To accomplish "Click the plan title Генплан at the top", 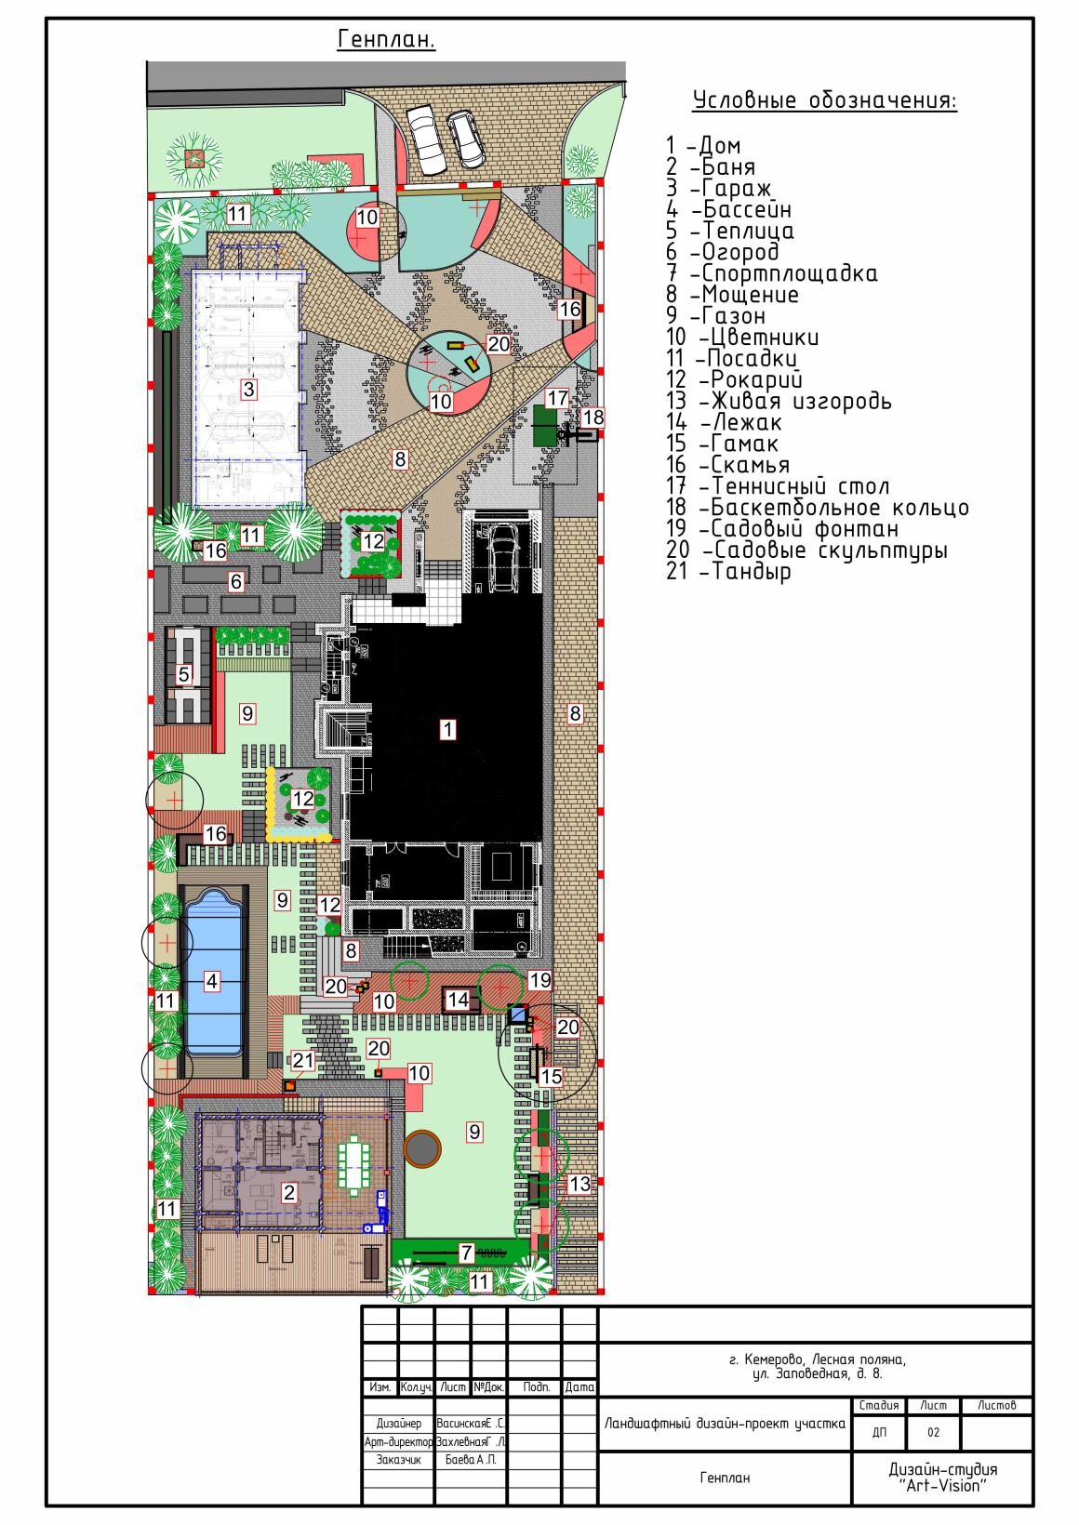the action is [x=386, y=39].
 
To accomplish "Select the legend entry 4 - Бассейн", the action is [x=729, y=209].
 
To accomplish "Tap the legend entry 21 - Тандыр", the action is [x=729, y=571].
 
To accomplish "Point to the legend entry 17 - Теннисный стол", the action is [x=778, y=486].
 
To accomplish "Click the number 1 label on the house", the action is [x=447, y=730].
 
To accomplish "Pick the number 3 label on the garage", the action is [x=248, y=390].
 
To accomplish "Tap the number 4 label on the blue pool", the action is [x=212, y=981].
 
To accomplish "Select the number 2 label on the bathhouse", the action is [x=289, y=1192].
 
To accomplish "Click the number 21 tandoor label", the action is [x=303, y=1060].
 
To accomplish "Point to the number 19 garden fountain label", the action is [x=540, y=980].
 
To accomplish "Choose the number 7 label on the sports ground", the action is [x=466, y=1253].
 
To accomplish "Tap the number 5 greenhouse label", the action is [x=183, y=675].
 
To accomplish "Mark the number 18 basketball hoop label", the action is [x=593, y=418].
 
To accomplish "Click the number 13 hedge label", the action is [x=579, y=1184].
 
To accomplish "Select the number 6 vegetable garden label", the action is [x=235, y=581].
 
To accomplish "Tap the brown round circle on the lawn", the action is [x=422, y=1149].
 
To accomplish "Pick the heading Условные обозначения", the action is [x=825, y=100].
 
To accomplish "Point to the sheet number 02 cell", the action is [x=933, y=1432].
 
